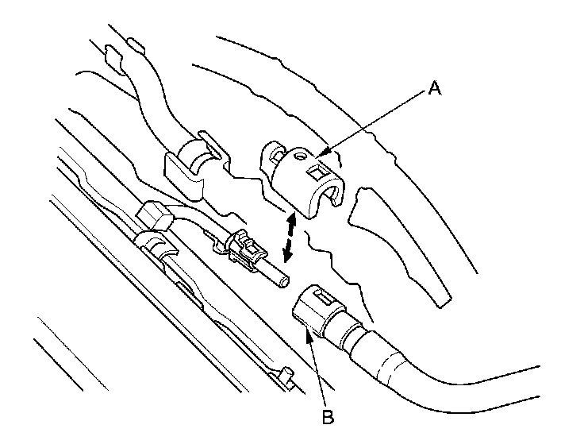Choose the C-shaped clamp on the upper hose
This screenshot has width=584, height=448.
[194, 164]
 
